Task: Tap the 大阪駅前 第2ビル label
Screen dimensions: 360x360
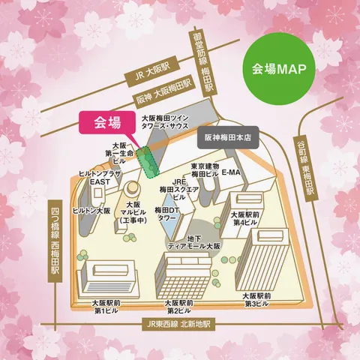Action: coord(181,307)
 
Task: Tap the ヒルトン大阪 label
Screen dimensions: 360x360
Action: coord(94,211)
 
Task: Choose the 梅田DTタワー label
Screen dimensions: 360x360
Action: coord(166,214)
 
